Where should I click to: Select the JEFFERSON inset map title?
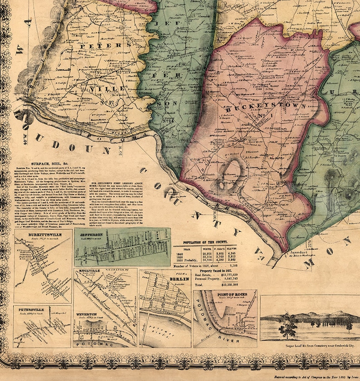coord(93,234)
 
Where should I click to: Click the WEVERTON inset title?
coord(88,313)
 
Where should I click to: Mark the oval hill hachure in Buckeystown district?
coord(231,172)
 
